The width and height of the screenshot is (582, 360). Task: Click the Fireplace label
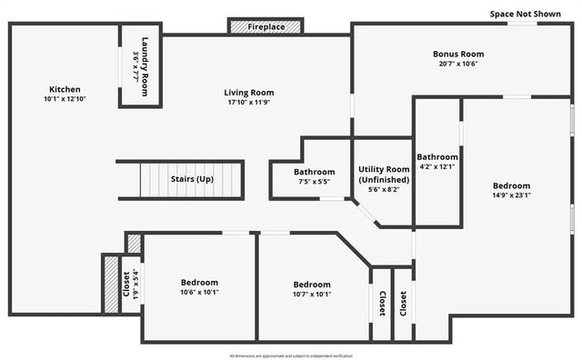[x=267, y=27]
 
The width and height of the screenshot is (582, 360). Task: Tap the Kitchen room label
[x=65, y=89]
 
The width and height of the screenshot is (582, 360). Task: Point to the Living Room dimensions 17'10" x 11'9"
[x=249, y=103]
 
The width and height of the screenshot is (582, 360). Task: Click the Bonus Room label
[x=457, y=54]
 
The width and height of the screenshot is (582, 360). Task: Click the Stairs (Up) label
[x=192, y=179]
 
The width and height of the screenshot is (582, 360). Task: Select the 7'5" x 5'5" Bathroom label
[x=315, y=172]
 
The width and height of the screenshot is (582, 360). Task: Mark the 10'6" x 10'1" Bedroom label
[x=200, y=283]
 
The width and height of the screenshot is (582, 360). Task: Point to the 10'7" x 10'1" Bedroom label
[x=312, y=285]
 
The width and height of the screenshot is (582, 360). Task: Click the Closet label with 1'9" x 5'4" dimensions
[x=129, y=285]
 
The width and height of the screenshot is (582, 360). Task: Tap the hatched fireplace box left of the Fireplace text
[x=238, y=27]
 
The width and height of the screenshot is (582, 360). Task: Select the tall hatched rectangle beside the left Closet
[x=112, y=283]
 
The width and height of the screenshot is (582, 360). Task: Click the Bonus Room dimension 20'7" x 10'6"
[x=457, y=64]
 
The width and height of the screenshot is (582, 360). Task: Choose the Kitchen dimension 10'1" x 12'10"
[x=65, y=99]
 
